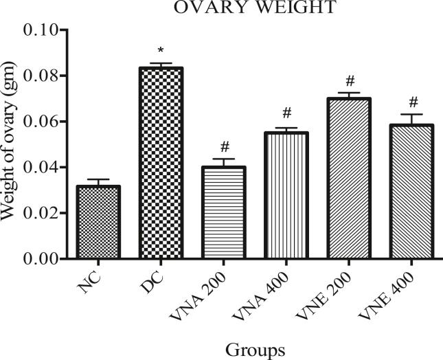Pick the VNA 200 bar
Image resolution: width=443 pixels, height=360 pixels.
click(223, 212)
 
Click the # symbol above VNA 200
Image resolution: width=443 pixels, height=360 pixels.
click(223, 147)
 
